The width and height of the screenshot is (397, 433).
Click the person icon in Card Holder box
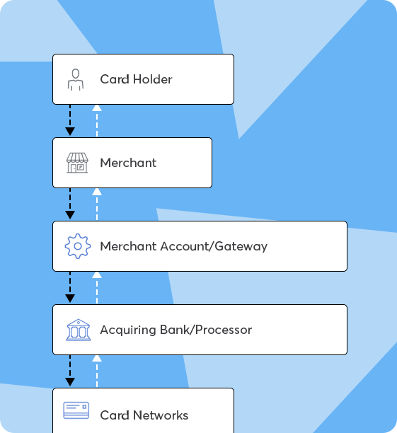point(76,80)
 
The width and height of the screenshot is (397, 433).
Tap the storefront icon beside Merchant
point(77,163)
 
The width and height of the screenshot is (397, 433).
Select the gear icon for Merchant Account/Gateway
point(78,246)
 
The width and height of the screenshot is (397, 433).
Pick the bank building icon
point(78,330)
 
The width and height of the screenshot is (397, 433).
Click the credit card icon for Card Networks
point(76,410)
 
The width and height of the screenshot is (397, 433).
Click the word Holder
point(152,79)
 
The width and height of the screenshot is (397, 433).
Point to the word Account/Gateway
point(214,246)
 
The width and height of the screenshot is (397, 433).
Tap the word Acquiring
point(128,330)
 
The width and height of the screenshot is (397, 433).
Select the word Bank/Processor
point(206,330)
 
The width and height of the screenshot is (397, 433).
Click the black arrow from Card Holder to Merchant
point(70,120)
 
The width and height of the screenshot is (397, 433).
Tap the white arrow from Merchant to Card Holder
point(97,121)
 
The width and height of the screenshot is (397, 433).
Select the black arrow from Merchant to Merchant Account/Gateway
point(70,204)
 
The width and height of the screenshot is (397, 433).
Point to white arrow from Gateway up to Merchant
point(97,204)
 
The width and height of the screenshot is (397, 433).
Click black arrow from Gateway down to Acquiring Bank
point(70,287)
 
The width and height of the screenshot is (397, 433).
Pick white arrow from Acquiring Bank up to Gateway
point(97,288)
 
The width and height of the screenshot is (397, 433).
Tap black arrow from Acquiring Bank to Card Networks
point(70,371)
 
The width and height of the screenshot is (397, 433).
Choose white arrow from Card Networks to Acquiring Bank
point(97,371)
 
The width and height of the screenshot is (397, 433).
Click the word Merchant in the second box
point(128,163)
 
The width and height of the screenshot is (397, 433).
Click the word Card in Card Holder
point(115,79)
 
